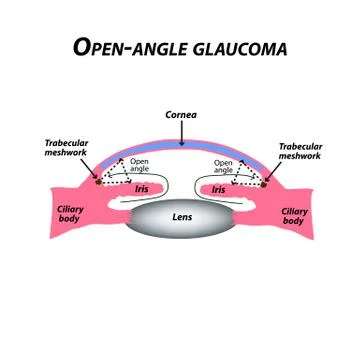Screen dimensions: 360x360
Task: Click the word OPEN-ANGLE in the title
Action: tap(123, 47)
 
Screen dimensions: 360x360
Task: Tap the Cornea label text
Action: tap(180, 115)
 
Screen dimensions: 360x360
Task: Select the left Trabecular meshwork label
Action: tap(67, 149)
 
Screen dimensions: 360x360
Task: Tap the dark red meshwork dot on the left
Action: tap(98, 180)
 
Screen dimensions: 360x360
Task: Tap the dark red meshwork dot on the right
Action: tap(263, 180)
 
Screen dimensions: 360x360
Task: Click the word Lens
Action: tap(180, 216)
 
